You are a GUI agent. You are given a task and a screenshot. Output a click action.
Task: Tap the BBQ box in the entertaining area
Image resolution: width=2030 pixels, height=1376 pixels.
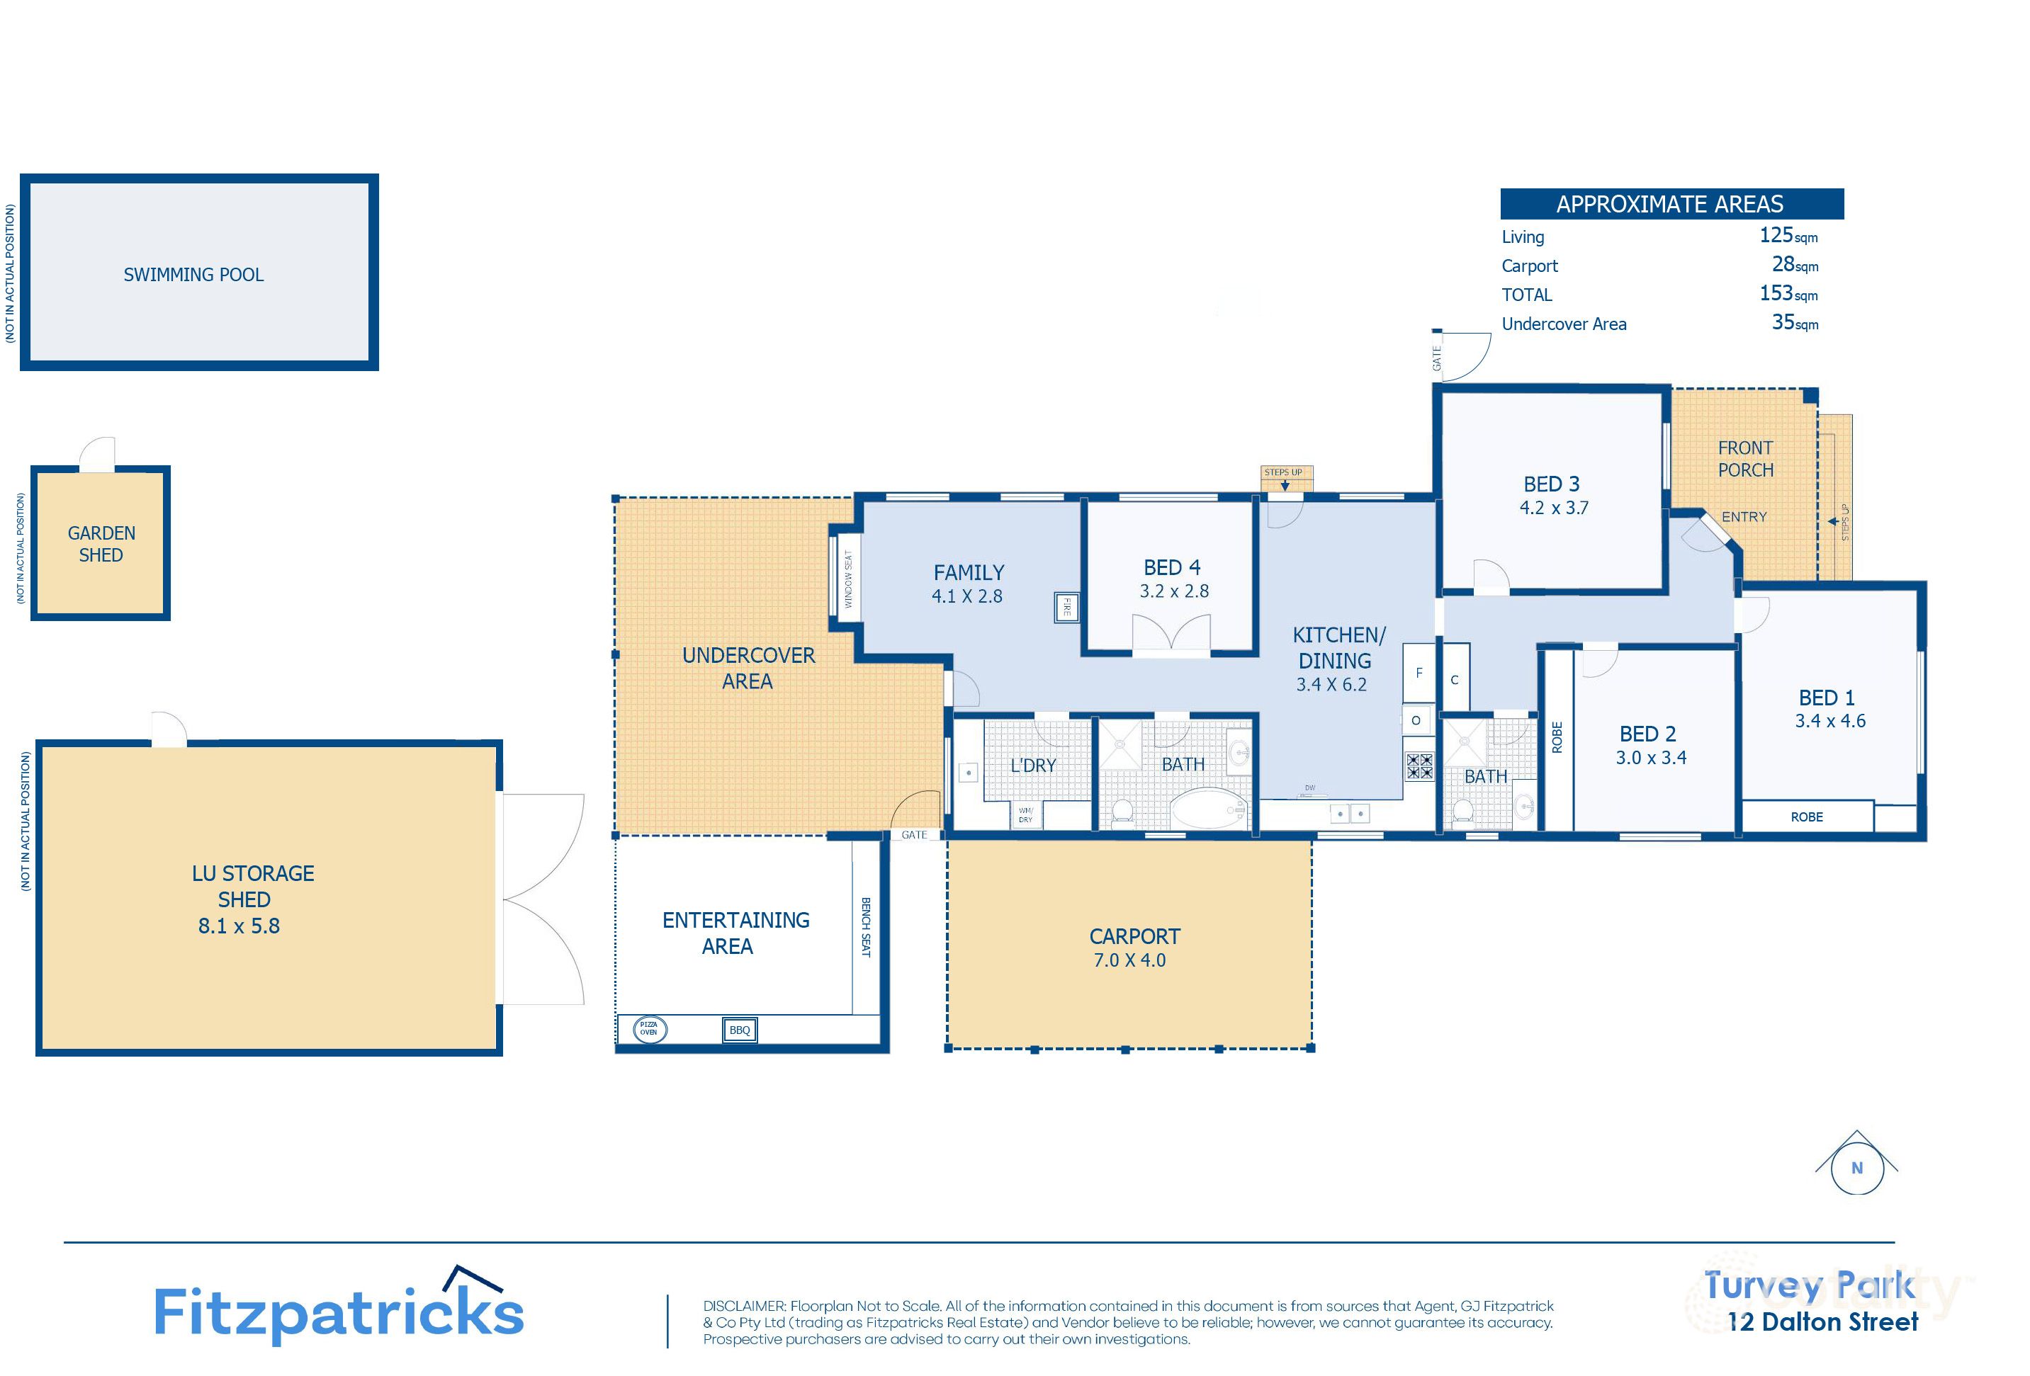pos(740,1030)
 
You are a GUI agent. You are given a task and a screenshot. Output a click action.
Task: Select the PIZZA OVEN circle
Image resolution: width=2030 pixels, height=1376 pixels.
pos(649,1030)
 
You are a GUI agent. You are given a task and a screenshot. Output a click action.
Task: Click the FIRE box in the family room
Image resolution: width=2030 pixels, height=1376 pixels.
pos(1066,608)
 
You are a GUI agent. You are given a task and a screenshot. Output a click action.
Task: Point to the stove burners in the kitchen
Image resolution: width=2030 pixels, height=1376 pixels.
pos(1419,766)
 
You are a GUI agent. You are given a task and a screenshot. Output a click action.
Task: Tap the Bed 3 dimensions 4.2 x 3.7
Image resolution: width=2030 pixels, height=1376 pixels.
pos(1554,508)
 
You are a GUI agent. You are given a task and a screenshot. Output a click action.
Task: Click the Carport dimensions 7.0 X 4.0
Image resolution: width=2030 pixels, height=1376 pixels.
pos(1129,960)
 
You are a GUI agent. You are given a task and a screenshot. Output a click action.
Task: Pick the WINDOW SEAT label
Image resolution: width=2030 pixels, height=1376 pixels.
pos(847,579)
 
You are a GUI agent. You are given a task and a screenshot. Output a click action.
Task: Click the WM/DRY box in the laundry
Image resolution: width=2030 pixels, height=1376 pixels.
pos(1025,815)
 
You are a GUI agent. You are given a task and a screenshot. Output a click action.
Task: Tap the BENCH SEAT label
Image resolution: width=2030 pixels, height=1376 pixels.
pos(866,927)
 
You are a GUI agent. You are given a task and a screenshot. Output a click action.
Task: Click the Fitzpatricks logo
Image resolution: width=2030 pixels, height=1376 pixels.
pos(339,1312)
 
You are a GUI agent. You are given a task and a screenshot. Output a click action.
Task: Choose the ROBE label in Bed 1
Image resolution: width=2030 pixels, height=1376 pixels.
pos(1806,817)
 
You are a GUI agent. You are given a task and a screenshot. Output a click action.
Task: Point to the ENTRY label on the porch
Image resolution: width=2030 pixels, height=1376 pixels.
pos(1744,517)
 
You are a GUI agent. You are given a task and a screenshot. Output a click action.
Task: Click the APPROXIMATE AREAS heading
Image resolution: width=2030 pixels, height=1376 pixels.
pos(1670,204)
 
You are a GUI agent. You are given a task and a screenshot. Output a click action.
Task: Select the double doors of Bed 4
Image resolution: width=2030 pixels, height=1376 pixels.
pos(1171,634)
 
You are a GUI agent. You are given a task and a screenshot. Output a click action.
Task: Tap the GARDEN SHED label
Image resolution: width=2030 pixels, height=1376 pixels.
pos(101,544)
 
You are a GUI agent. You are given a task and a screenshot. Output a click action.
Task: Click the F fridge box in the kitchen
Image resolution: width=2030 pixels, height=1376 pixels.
pos(1419,673)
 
